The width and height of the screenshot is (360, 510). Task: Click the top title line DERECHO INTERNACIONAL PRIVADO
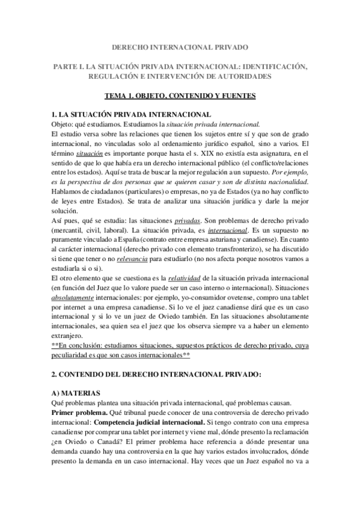[180, 46]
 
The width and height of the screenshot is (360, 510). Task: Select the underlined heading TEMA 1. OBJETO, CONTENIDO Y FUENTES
[180, 96]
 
